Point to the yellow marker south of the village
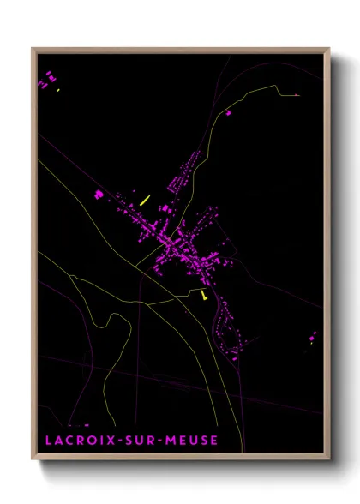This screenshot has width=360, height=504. (203, 294)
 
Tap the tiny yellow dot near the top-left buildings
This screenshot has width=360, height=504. (57, 90)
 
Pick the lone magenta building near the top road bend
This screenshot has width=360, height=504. (229, 112)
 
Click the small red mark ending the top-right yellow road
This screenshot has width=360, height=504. (297, 94)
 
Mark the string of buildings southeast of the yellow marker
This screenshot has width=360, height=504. (227, 326)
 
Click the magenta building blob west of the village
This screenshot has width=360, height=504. (99, 195)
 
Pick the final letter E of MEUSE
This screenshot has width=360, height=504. (213, 441)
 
